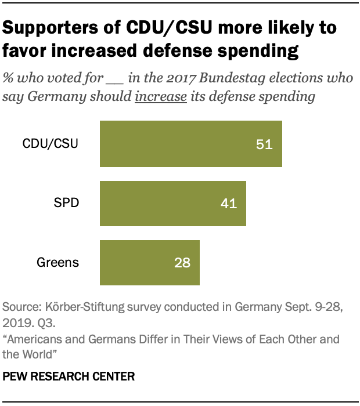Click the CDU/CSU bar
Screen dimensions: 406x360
coord(191,144)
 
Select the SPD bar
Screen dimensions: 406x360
coord(173,203)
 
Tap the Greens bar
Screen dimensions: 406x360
coord(150,262)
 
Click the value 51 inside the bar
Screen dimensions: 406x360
coord(264,144)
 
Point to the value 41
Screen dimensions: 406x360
coord(229,204)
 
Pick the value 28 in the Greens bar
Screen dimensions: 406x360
coord(182,263)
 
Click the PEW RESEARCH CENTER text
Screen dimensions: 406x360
coord(69,376)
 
